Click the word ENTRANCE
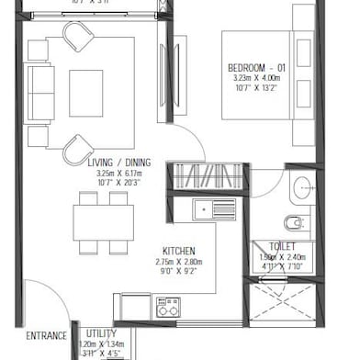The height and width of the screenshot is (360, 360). [46, 335]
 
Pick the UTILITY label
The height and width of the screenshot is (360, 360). [102, 333]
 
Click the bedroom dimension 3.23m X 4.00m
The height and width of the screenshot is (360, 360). [257, 80]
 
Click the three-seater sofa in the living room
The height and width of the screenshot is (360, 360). [39, 94]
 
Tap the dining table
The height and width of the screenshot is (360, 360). [104, 221]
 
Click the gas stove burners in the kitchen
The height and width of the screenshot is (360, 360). [167, 306]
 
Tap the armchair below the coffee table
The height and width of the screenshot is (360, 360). [80, 147]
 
